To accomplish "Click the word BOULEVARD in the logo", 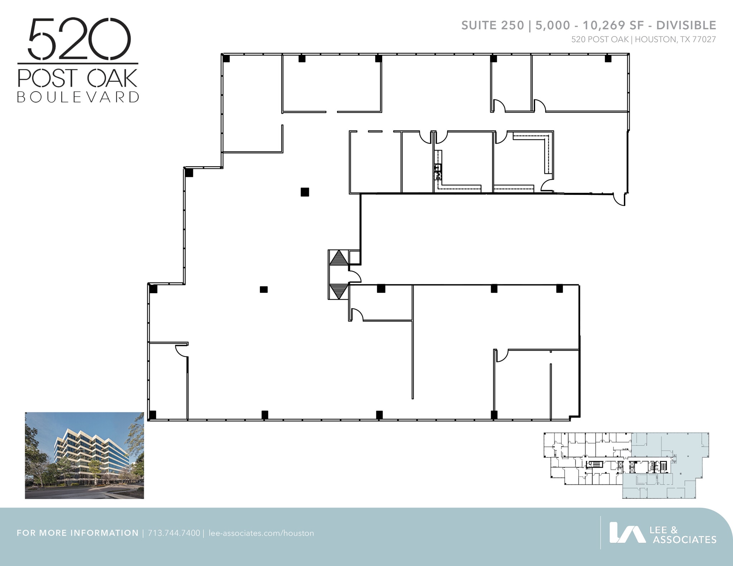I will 78,97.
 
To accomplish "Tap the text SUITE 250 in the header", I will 492,25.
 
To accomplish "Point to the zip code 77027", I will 704,40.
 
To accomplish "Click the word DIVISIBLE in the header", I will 686,25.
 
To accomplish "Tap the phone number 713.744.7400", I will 174,533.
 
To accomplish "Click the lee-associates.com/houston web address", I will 261,533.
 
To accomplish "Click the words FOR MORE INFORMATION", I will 78,533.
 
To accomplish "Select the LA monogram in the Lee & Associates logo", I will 627,533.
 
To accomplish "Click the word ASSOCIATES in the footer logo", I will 684,540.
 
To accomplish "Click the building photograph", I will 84,455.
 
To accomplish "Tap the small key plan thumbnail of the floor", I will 626,465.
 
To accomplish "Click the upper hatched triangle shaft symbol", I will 339,258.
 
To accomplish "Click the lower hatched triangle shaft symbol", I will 339,291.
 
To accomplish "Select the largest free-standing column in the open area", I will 305,192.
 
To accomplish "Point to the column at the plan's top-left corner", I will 226,59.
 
